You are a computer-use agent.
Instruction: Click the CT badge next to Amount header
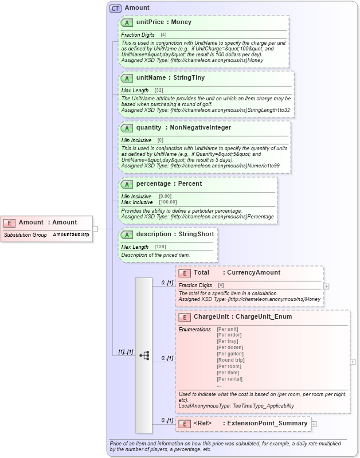click(115, 8)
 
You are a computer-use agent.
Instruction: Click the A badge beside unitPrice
click(127, 22)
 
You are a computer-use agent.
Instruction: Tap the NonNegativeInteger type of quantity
click(201, 128)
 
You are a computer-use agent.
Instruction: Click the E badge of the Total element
click(185, 273)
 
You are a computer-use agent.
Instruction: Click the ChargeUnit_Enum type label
click(264, 316)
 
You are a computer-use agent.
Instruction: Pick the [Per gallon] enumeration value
click(230, 354)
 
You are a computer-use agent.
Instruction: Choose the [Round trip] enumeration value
click(230, 360)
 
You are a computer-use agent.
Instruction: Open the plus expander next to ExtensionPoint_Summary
click(314, 424)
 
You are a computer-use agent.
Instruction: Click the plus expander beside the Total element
click(326, 285)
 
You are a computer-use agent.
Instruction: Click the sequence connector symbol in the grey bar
click(144, 355)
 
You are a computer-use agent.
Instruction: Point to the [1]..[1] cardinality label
click(126, 351)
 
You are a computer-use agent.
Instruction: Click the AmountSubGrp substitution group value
click(71, 235)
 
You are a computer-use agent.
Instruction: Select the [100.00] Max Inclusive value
click(168, 202)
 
